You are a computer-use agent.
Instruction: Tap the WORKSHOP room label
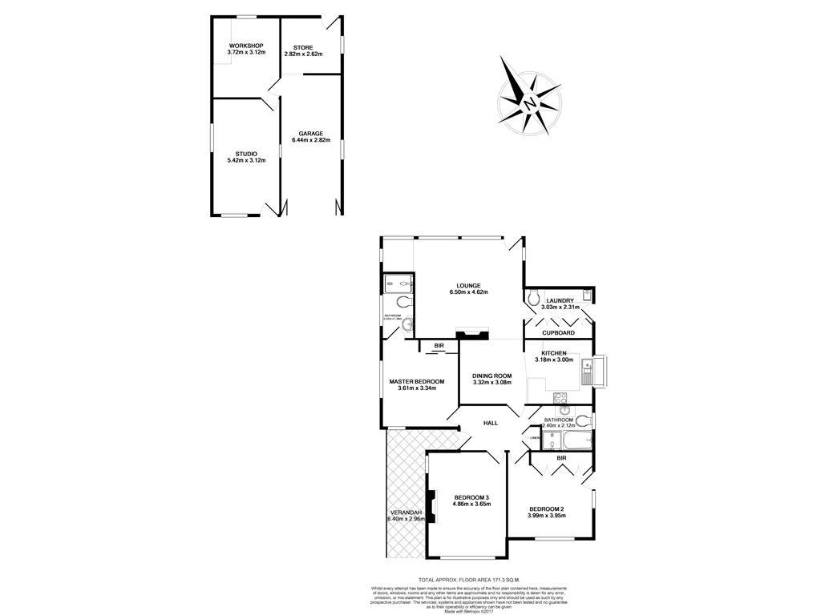coord(246,46)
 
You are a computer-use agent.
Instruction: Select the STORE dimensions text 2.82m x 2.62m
coord(302,54)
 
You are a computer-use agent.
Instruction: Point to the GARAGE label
coord(310,134)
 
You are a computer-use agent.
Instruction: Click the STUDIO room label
coord(246,154)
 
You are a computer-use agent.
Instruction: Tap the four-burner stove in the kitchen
coord(560,398)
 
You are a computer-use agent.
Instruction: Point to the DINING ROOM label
coord(491,376)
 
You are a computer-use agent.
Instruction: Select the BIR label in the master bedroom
coord(439,346)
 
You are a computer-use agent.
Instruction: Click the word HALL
coord(491,423)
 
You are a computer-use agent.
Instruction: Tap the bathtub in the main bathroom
coord(567,440)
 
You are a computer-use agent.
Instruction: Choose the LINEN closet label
coord(534,438)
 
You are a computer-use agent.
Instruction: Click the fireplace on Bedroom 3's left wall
coord(431,505)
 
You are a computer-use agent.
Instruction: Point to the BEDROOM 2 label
coord(547,508)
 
